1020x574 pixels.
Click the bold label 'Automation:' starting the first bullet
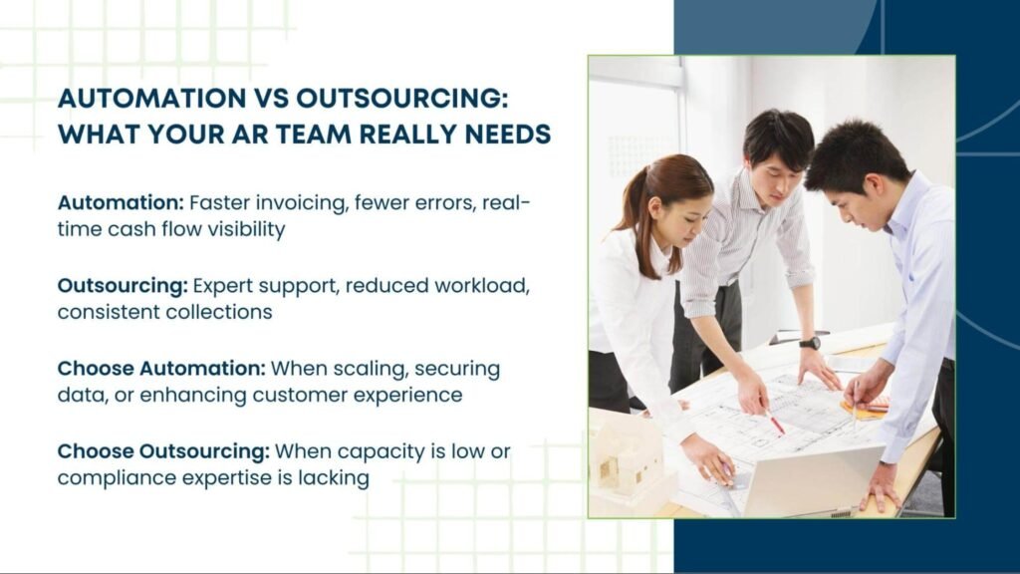click(x=121, y=202)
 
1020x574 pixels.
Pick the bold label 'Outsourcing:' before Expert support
click(x=123, y=286)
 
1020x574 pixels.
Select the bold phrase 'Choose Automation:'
click(x=161, y=368)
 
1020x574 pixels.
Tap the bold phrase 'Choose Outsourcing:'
click(x=163, y=451)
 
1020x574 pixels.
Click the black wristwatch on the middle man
click(x=810, y=343)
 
